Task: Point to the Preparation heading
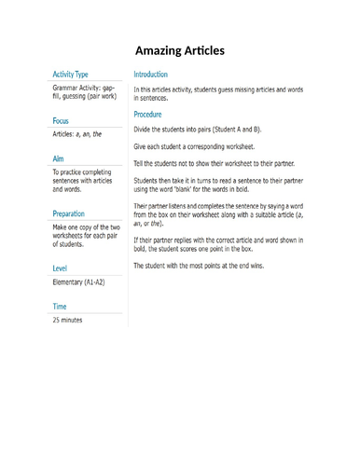[75, 212]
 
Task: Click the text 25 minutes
[68, 320]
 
